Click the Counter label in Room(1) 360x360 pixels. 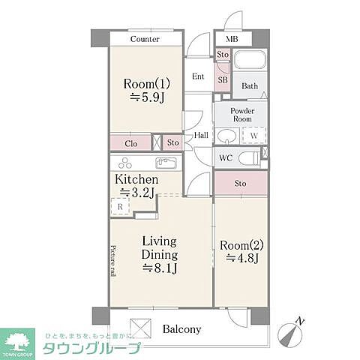(x=145, y=39)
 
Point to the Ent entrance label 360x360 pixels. (x=199, y=76)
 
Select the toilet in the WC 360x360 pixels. (x=250, y=158)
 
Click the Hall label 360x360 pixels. (x=201, y=136)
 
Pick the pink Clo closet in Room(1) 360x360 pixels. (x=130, y=142)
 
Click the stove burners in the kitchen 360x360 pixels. (x=123, y=164)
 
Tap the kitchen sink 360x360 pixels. (x=166, y=163)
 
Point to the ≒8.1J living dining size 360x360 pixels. (x=159, y=268)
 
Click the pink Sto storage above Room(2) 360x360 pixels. (x=240, y=183)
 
